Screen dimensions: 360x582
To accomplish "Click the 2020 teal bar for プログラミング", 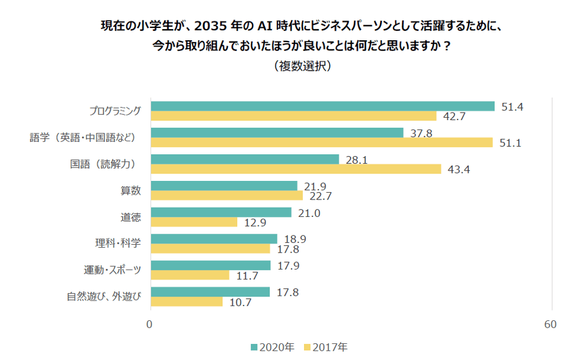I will pos(323,107).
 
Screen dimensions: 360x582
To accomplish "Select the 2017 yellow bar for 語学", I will pos(322,143).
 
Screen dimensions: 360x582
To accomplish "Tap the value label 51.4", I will pos(513,107).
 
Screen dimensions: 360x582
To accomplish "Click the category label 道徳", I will pos(131,217).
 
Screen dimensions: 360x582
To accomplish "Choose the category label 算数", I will pos(131,190).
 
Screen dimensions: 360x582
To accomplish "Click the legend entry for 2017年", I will pos(326,347).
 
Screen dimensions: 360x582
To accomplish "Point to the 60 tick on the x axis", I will pos(550,324).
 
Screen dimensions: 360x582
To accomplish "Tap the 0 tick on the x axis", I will pos(149,324).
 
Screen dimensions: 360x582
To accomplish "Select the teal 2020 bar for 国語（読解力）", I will pos(245,159).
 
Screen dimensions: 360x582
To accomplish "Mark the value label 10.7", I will pos(240,302).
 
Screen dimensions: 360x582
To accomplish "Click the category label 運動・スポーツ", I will pos(113,270).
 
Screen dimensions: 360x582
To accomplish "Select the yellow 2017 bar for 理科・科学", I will pos(211,248).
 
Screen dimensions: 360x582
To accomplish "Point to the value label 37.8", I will pos(421,133).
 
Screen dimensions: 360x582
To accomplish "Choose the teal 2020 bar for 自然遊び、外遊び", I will pos(211,292).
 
